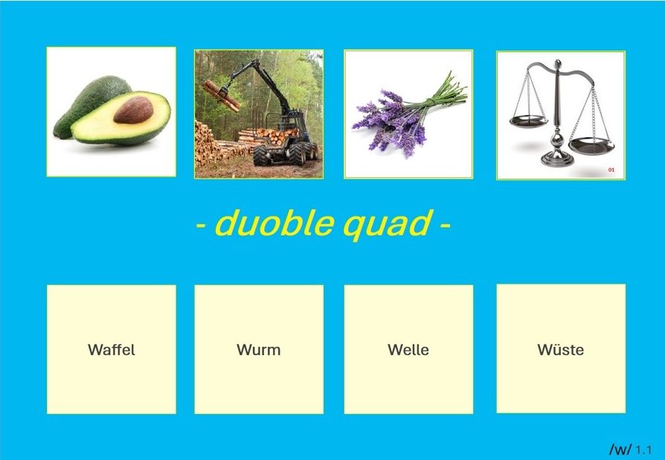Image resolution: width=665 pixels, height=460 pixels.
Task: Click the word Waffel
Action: [x=112, y=350]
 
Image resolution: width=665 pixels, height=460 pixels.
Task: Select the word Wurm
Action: [x=259, y=350]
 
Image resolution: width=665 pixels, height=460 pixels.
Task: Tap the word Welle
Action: [x=408, y=350]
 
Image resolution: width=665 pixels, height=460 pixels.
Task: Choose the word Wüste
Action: [x=561, y=349]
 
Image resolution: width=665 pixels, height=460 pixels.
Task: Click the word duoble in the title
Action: [x=274, y=223]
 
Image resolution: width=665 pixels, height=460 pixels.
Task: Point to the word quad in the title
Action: [x=388, y=225]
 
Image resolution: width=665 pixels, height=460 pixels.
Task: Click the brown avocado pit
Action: [x=134, y=110]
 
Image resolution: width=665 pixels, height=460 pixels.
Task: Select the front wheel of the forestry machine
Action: [x=262, y=156]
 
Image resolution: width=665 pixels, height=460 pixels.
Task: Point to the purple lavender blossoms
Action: [x=391, y=121]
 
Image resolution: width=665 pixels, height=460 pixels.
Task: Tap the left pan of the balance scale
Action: [x=528, y=122]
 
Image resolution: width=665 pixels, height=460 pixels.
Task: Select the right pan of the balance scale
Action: [x=591, y=145]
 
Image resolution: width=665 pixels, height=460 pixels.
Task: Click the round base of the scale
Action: [x=557, y=160]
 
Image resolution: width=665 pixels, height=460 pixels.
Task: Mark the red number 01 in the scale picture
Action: [x=611, y=170]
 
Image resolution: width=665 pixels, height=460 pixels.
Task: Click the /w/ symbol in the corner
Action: [x=620, y=449]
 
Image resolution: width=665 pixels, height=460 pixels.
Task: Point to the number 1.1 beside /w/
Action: [x=643, y=449]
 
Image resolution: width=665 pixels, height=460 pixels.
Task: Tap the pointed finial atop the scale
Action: [x=557, y=65]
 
